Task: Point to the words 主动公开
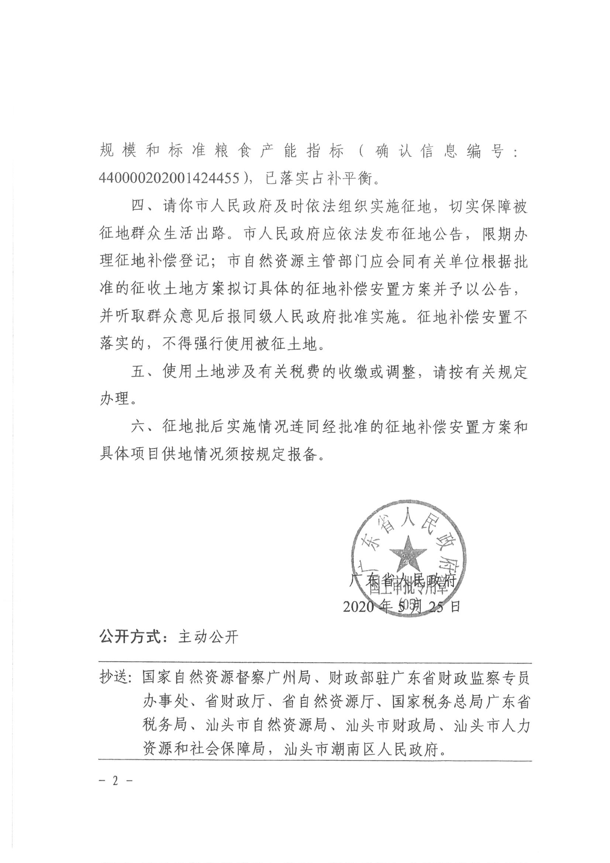tap(208, 637)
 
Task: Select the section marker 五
tap(139, 372)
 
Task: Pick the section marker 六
tap(139, 427)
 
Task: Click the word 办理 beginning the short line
tap(115, 399)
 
